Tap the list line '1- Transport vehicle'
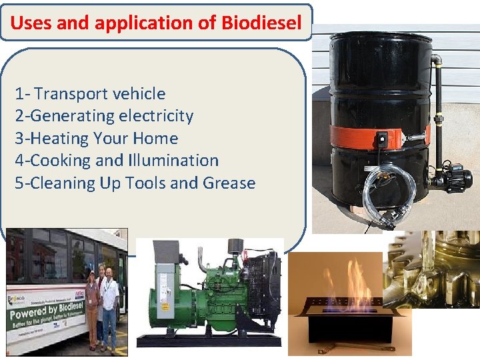click(90, 94)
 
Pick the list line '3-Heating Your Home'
click(97, 139)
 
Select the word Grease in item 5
click(230, 183)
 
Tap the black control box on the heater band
click(382, 139)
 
